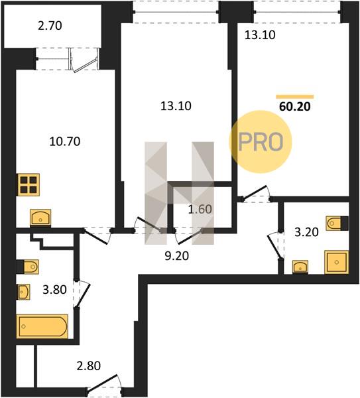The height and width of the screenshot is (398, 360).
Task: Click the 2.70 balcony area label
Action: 50,26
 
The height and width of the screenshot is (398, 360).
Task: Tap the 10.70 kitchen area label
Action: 65,142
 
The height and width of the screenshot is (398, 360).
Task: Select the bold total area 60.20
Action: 295,107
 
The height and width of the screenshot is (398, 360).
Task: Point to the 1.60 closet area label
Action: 200,209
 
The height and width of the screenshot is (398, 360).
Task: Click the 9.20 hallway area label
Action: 177,256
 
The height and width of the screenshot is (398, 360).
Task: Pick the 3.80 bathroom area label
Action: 54,290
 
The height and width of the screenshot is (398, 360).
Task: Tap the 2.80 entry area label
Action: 89,366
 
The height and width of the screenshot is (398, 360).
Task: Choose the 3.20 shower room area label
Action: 306,233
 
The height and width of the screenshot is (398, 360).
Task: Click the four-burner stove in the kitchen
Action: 29,185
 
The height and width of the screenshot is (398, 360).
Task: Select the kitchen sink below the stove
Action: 40,218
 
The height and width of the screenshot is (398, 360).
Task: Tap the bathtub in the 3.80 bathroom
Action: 42,326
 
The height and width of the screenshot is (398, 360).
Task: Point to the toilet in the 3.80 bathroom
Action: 28,267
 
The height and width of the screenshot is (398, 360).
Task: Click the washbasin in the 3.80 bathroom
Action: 23,292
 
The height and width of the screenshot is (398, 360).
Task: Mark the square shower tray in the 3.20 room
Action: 336,262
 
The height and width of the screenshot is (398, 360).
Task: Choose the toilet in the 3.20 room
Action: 337,224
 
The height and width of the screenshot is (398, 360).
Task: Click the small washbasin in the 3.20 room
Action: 300,267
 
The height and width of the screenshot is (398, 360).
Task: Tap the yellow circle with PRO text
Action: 261,142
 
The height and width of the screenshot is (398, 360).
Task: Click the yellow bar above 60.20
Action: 295,97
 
